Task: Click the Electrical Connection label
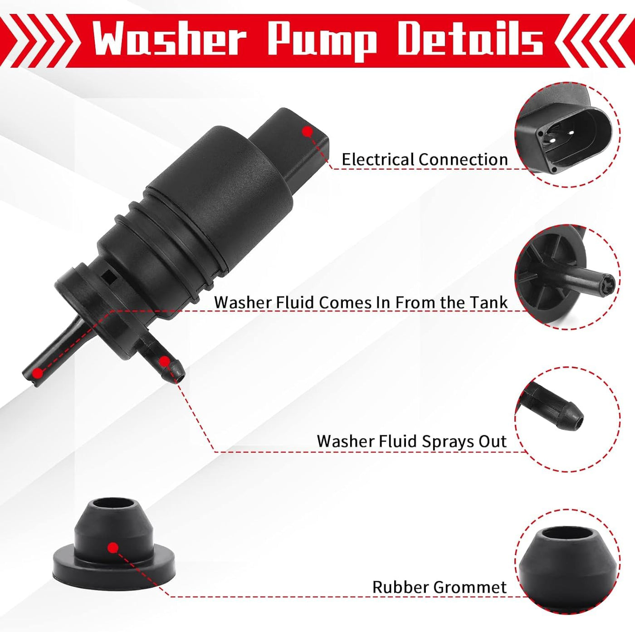tap(425, 160)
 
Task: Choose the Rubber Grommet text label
tap(439, 587)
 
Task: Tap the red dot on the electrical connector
tap(307, 132)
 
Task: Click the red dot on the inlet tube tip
tap(38, 373)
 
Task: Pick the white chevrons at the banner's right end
tap(590, 41)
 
